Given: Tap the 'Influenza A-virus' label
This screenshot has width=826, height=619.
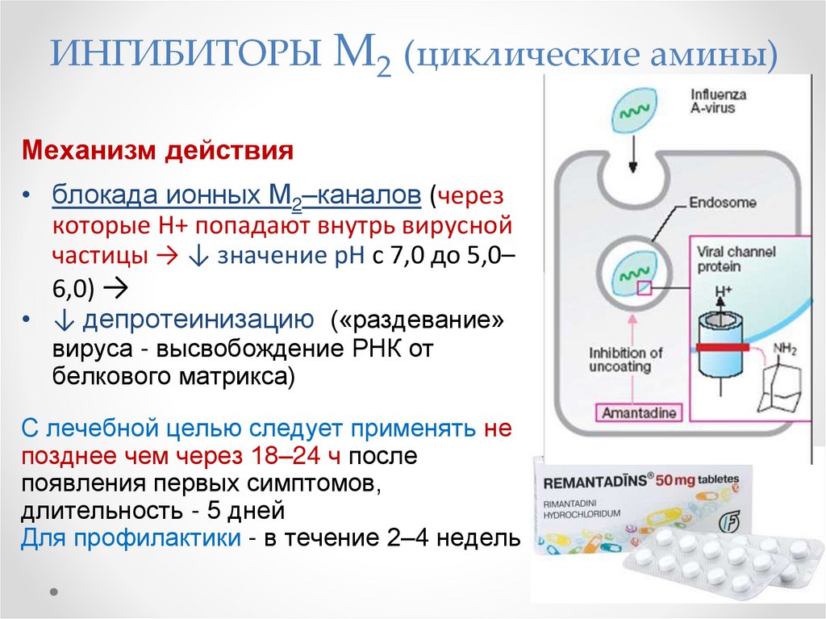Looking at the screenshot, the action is point(718,101).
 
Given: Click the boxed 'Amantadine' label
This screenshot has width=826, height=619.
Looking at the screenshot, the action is point(638,413).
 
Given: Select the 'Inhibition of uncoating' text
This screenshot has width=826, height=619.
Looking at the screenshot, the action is point(626,359).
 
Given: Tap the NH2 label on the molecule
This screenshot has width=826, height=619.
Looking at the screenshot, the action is point(785,349).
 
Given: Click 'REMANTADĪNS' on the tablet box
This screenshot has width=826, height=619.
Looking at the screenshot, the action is point(599,483).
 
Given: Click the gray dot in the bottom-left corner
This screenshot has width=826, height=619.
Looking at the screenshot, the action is point(55,591).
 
